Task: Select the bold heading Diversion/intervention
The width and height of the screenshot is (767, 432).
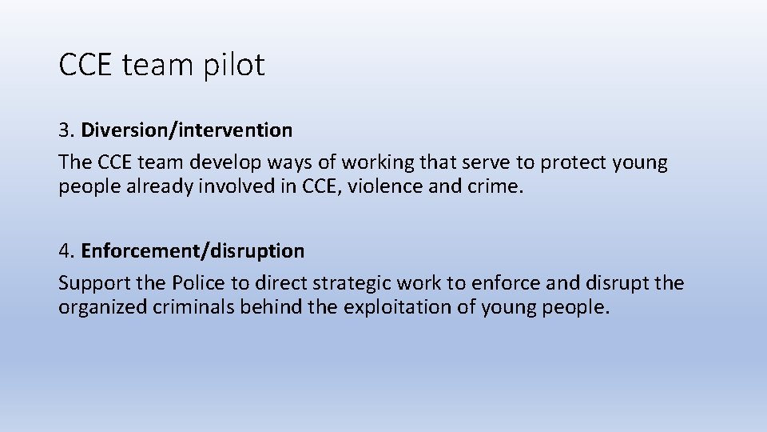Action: click(187, 129)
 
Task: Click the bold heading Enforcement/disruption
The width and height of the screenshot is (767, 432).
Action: click(193, 251)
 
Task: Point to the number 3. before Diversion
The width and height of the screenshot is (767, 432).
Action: click(66, 129)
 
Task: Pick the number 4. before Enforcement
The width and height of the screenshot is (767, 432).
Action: click(66, 251)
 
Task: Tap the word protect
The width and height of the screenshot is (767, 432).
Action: click(574, 162)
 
